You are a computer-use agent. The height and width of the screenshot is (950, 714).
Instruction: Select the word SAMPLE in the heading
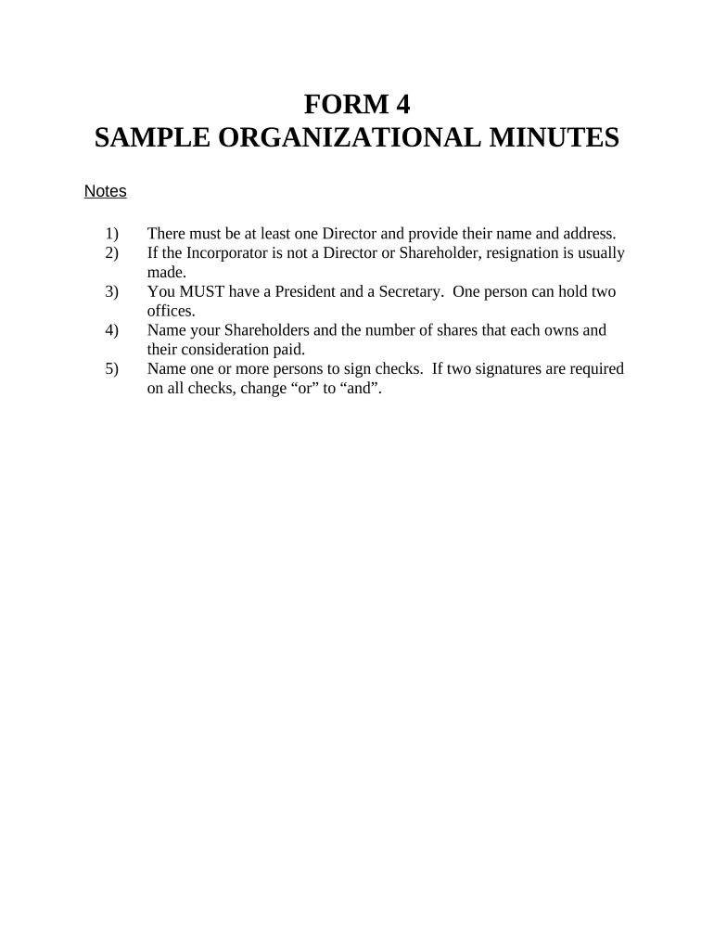point(152,138)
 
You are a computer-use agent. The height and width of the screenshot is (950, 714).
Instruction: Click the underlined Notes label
point(105,192)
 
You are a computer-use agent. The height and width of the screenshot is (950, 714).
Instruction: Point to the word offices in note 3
point(171,312)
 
